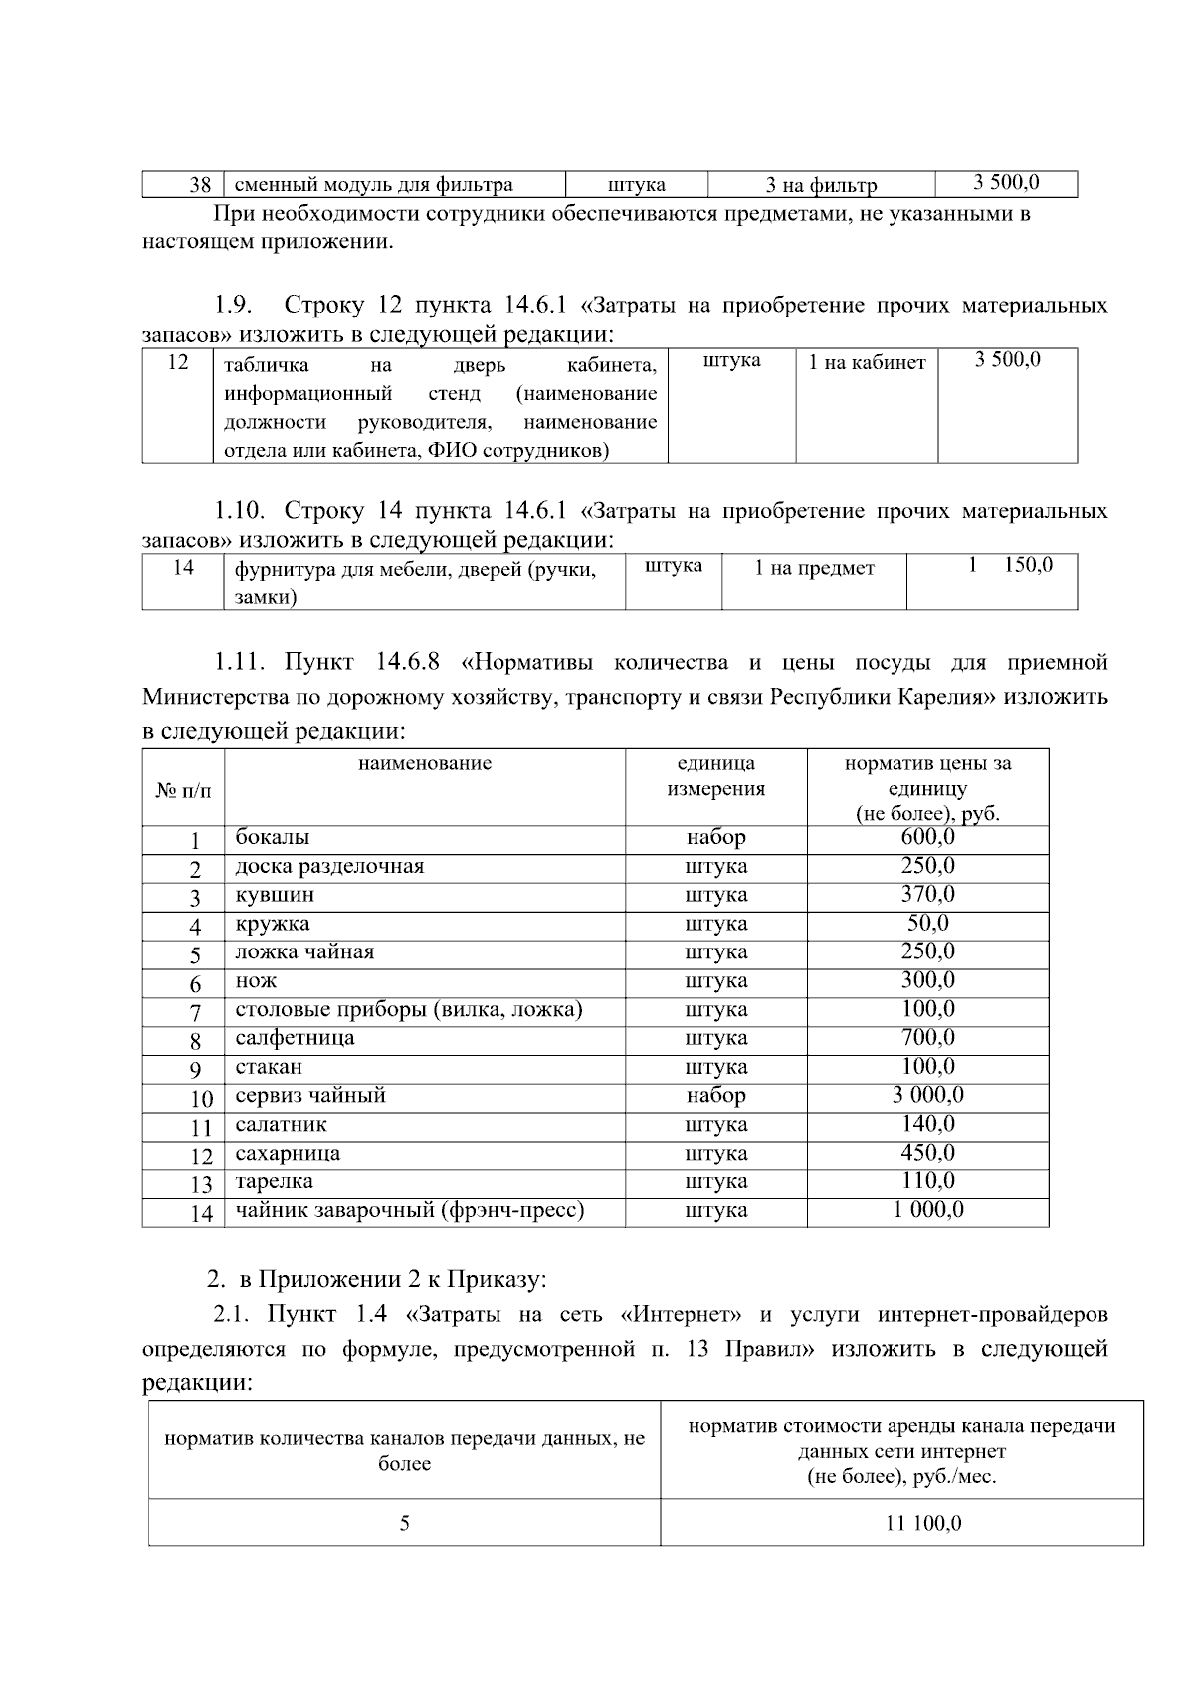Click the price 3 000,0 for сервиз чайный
(927, 1095)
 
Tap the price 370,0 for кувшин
(927, 894)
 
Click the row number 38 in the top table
(200, 185)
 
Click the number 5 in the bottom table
(404, 1523)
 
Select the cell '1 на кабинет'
(866, 363)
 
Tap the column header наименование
(425, 763)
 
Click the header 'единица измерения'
(715, 776)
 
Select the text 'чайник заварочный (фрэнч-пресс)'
(409, 1210)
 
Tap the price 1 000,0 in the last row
(927, 1209)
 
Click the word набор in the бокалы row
(715, 837)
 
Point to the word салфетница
(295, 1037)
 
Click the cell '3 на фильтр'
(821, 185)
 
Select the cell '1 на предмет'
(813, 568)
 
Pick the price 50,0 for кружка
(927, 923)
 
